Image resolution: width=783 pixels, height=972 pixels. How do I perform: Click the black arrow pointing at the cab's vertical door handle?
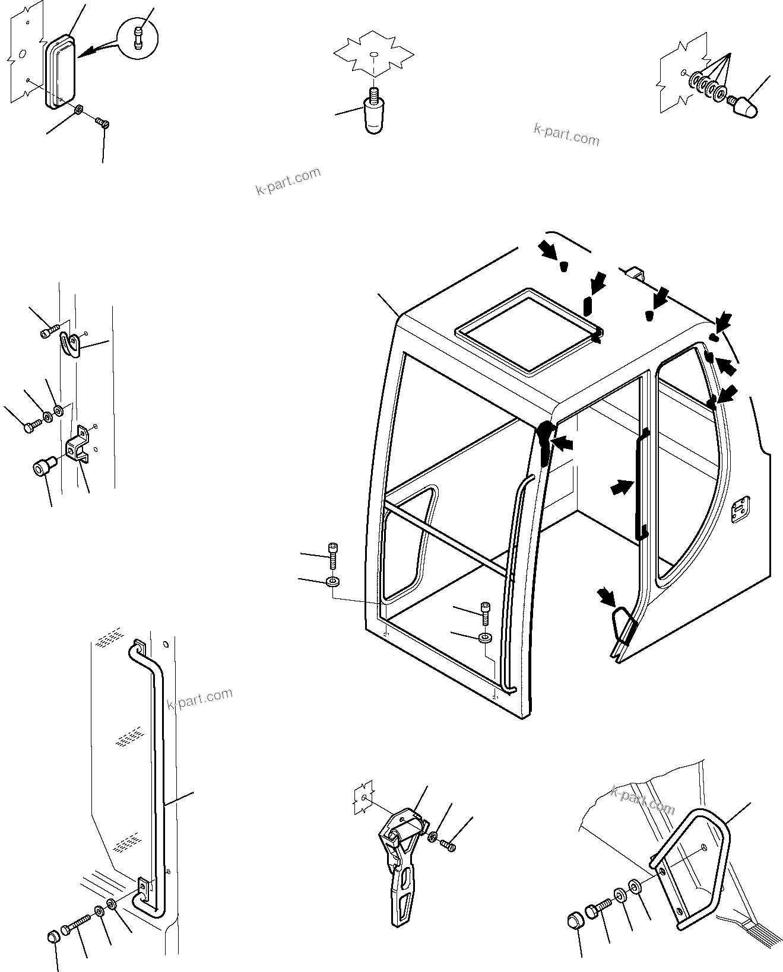coord(621,488)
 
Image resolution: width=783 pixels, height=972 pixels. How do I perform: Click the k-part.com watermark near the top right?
coord(566,134)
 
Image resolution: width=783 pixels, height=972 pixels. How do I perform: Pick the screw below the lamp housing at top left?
coord(102,123)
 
